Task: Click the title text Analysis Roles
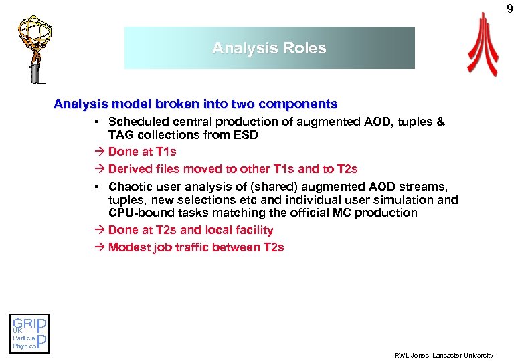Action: tap(269, 48)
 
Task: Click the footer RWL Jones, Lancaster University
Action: tap(443, 355)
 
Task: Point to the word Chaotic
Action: tap(130, 186)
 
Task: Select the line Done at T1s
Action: tap(142, 152)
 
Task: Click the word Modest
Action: tap(128, 247)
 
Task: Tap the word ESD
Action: tap(246, 135)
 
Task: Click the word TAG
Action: tap(120, 135)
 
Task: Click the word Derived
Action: tap(128, 169)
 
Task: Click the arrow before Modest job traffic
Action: tap(100, 247)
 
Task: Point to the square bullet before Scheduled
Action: tap(98, 122)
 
